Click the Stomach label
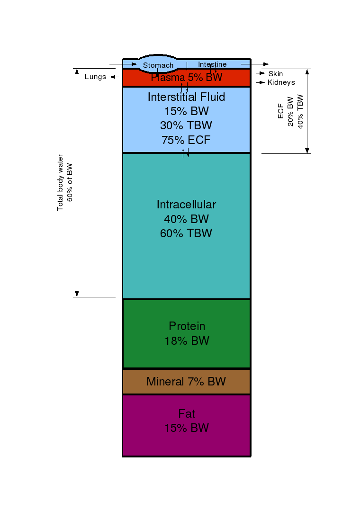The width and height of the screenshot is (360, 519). [x=158, y=65]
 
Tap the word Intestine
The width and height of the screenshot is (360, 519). [x=212, y=64]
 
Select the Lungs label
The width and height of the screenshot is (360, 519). [x=95, y=77]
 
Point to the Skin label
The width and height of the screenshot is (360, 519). [x=276, y=73]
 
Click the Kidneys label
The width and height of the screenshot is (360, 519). [x=281, y=82]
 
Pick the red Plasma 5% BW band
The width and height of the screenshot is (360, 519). [x=187, y=78]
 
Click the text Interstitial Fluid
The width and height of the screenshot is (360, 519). [x=187, y=97]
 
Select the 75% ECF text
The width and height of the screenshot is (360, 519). [x=186, y=140]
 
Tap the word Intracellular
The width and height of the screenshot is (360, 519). [x=187, y=205]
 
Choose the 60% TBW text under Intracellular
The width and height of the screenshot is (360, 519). [x=186, y=233]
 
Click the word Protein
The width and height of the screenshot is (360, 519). [x=187, y=326]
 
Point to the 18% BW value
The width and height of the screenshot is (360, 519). [x=187, y=340]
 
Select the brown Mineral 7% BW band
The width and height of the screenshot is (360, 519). [x=187, y=382]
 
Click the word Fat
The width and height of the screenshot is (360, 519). [x=187, y=413]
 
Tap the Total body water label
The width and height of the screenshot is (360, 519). [x=60, y=182]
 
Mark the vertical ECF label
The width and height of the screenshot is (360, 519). [x=281, y=111]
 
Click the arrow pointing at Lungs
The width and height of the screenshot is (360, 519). [x=115, y=77]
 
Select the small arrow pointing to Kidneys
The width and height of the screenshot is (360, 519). [x=261, y=82]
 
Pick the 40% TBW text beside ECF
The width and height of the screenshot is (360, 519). [x=300, y=112]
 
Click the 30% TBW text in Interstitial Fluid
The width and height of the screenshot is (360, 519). [x=186, y=125]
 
